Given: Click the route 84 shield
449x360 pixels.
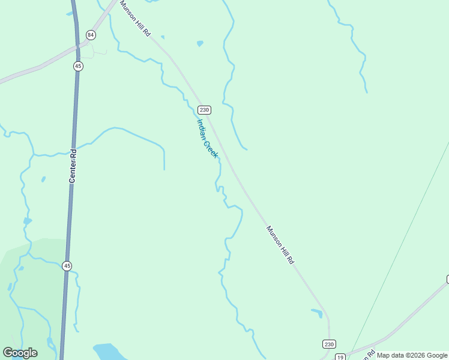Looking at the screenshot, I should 91,35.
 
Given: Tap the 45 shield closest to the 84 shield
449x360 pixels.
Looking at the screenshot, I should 78,66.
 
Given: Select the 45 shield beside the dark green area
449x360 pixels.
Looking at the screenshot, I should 67,266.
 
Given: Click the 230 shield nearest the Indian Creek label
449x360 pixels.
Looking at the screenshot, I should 204,110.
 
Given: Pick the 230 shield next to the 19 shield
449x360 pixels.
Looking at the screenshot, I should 329,344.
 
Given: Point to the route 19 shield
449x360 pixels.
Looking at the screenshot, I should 340,356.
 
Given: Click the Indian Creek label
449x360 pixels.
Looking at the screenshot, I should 207,138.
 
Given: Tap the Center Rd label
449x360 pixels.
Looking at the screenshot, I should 73,166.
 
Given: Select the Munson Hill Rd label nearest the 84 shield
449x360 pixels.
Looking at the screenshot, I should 135,19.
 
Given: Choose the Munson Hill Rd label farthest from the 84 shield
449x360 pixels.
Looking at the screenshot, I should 280,245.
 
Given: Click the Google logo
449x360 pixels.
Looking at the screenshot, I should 20,353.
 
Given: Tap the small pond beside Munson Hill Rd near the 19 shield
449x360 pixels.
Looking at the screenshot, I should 317,313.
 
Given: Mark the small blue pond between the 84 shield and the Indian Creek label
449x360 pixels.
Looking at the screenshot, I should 200,43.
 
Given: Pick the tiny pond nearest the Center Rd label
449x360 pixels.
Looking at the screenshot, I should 43,179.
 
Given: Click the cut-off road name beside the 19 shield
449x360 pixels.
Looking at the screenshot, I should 367,355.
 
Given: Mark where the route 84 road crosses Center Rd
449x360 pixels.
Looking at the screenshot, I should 77,45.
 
